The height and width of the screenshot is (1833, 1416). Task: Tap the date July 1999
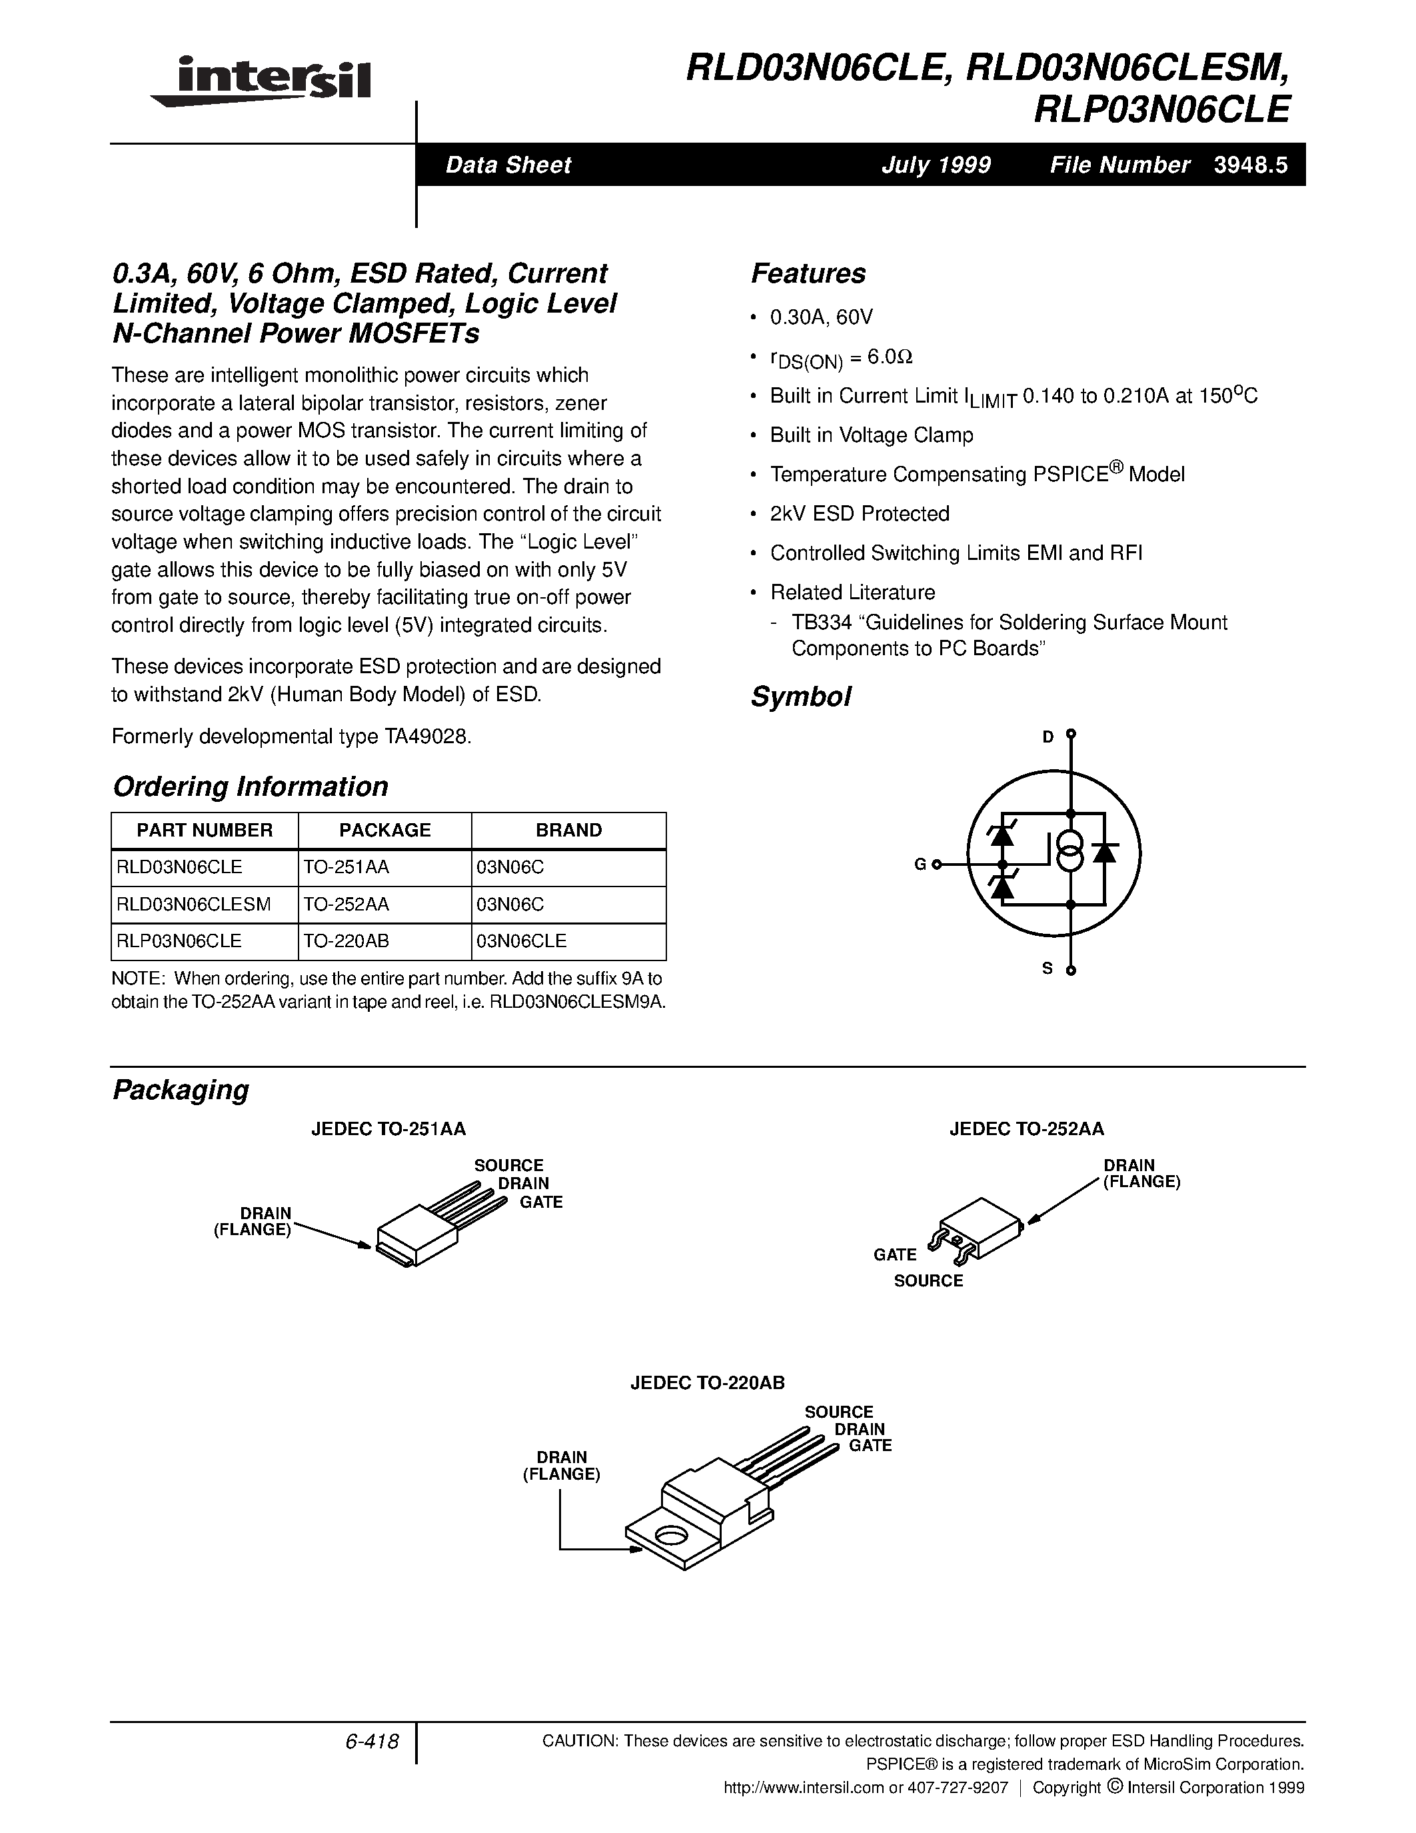coord(936,165)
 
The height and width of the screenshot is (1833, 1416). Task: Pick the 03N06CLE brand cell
coord(521,941)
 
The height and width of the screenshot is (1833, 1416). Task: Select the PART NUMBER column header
coord(205,830)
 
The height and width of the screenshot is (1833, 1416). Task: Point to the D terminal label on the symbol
coord(1048,737)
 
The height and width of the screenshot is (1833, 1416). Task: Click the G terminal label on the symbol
coord(920,865)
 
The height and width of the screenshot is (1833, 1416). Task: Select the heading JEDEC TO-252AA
coord(1027,1129)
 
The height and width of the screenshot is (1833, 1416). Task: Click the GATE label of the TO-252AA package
coord(894,1254)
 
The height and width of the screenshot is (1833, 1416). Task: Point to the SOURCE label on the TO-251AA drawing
coord(508,1165)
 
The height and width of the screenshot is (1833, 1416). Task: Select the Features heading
coord(808,273)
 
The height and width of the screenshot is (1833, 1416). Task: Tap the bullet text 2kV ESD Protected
coord(860,514)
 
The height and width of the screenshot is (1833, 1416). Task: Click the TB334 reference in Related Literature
coord(816,622)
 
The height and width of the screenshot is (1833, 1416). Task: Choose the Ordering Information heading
coord(250,787)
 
